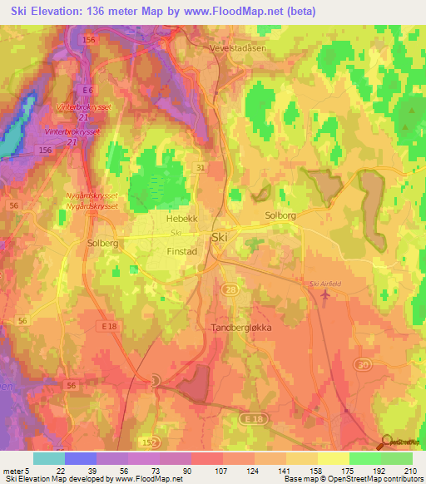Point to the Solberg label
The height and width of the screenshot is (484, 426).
click(103, 244)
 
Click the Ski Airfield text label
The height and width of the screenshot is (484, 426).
click(325, 284)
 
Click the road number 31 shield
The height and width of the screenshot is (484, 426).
click(201, 167)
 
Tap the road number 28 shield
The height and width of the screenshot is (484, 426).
click(230, 288)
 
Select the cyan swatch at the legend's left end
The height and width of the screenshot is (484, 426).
click(48, 458)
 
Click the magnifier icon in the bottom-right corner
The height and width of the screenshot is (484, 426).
click(387, 441)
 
